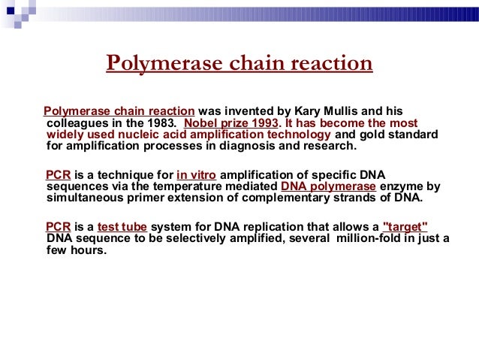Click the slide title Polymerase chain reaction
pyautogui.click(x=239, y=63)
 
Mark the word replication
pyautogui.click(x=257, y=228)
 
